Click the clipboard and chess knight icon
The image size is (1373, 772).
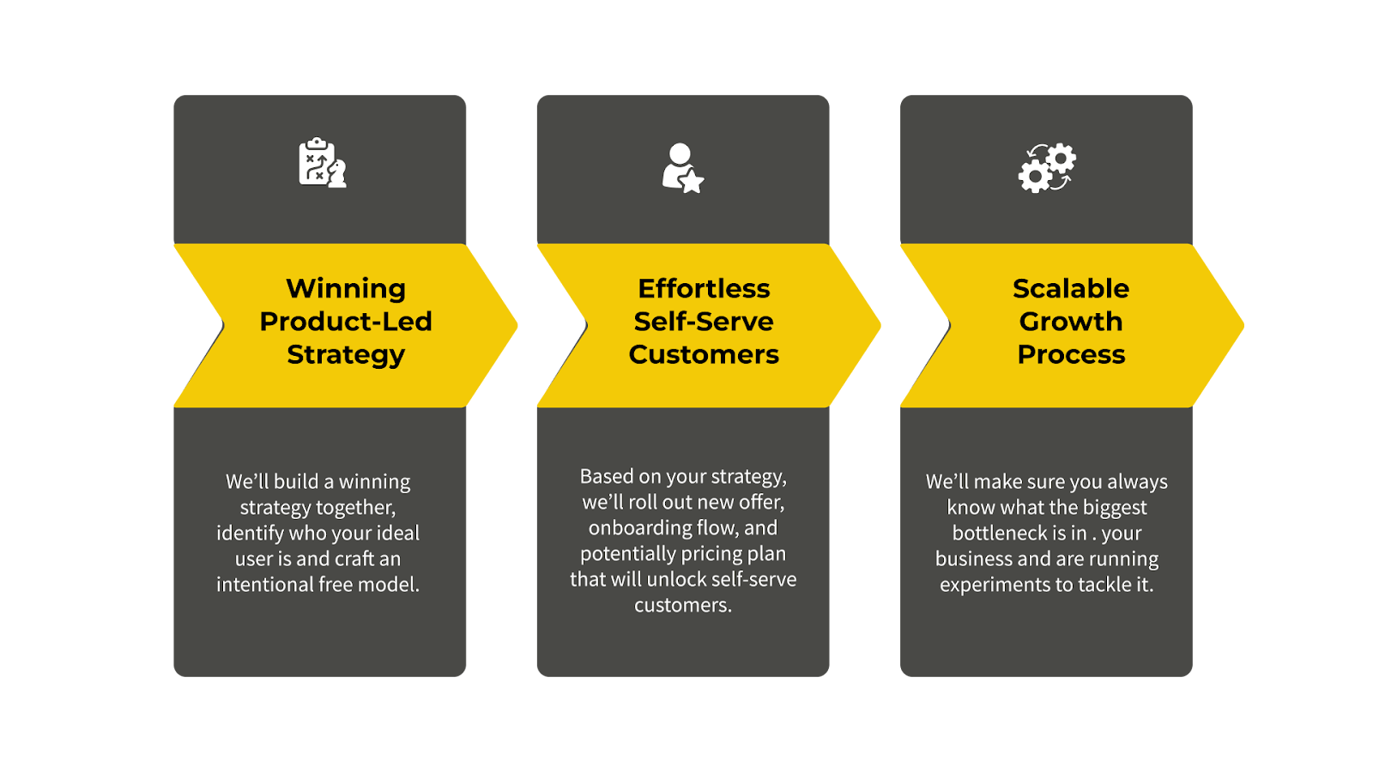click(322, 163)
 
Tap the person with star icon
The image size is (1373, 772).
click(682, 167)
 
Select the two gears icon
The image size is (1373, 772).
click(1047, 167)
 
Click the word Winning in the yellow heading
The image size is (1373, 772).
click(346, 289)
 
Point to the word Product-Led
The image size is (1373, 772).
click(346, 322)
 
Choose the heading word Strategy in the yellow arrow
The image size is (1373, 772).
click(346, 354)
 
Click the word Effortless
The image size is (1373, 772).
click(704, 289)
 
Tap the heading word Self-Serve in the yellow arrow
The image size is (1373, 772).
click(704, 322)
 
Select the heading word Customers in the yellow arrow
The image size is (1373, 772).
click(704, 354)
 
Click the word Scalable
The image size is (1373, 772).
click(1071, 289)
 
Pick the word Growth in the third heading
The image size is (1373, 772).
click(1071, 322)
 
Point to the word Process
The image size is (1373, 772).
click(1071, 354)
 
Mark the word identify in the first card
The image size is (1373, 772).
click(250, 534)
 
